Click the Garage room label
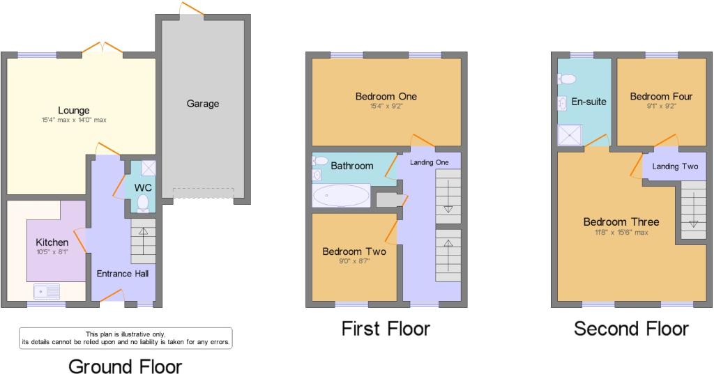(x=203, y=104)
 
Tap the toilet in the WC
(x=143, y=203)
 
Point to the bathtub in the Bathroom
(x=341, y=196)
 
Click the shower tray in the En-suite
(x=570, y=134)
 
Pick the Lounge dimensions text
(x=73, y=120)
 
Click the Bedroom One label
(x=386, y=96)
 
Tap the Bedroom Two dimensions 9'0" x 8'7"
(x=354, y=260)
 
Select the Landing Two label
(x=675, y=166)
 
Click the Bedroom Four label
(x=661, y=96)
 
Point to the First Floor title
(x=386, y=329)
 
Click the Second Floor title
(x=631, y=329)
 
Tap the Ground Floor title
(x=126, y=366)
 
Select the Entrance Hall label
(x=123, y=274)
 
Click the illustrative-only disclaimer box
(x=126, y=338)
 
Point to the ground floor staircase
(x=144, y=241)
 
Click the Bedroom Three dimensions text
(x=621, y=233)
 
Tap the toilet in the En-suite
(x=567, y=79)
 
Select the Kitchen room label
(x=52, y=242)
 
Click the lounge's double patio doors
(x=103, y=48)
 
